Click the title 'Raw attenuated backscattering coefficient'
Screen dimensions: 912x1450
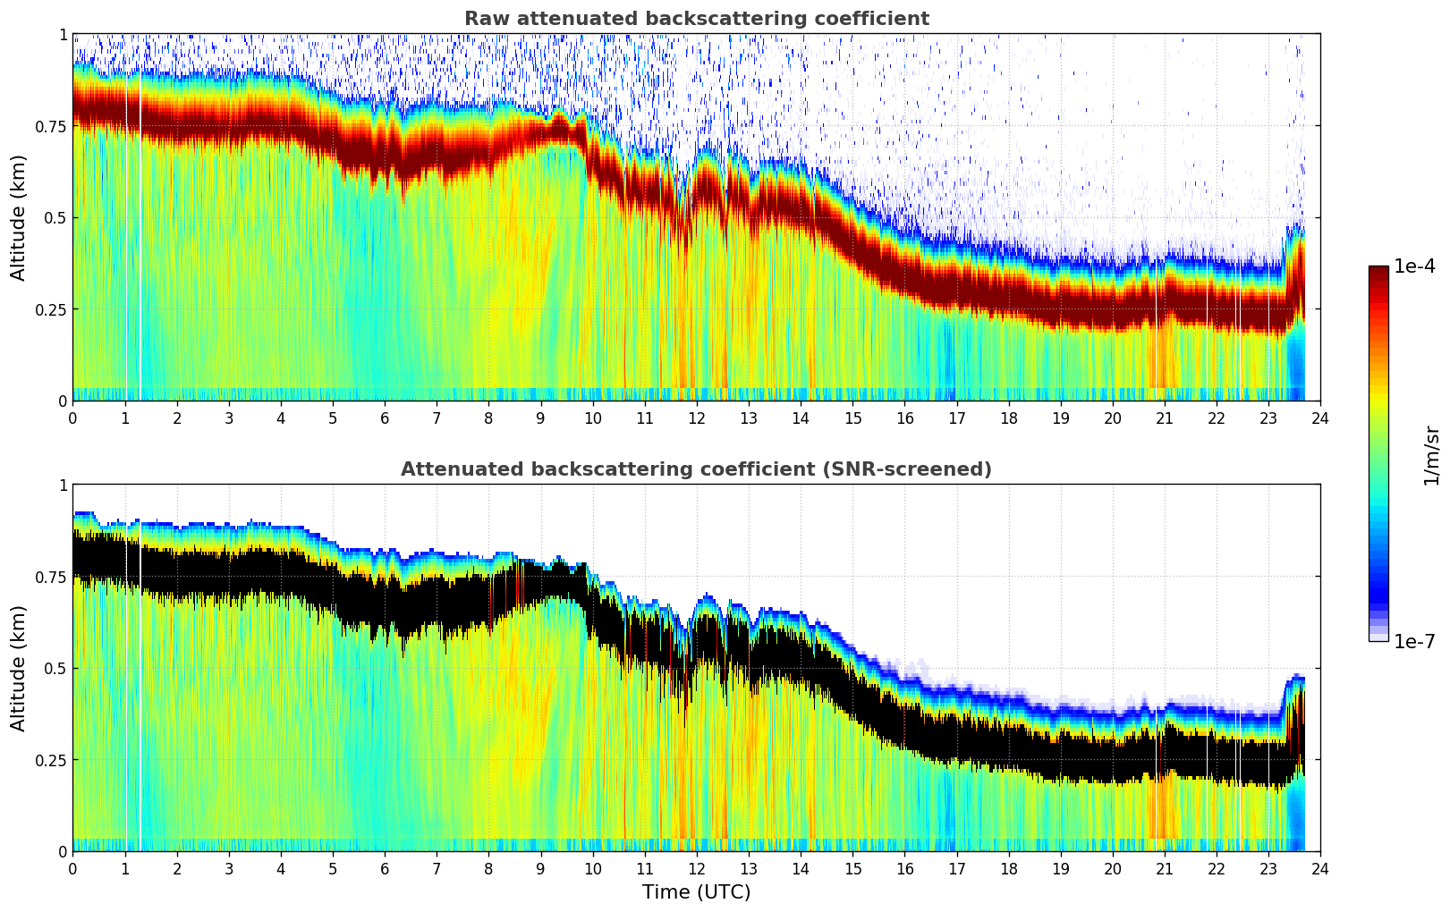[x=696, y=19]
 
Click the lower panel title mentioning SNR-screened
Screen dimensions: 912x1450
[x=696, y=469]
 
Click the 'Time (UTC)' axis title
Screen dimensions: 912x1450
[x=696, y=892]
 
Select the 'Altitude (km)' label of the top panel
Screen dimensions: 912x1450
[x=19, y=217]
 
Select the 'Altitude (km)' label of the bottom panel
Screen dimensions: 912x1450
[x=19, y=668]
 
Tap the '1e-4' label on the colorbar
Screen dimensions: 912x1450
[x=1414, y=266]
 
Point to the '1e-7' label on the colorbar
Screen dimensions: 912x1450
[x=1414, y=641]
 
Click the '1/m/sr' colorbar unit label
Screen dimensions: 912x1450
[x=1430, y=455]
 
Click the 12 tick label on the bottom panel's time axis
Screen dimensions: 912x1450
[x=697, y=868]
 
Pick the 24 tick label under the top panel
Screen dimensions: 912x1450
[x=1320, y=418]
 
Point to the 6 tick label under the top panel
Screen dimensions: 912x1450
[x=385, y=418]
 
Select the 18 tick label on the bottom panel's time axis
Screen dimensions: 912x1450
[x=1008, y=868]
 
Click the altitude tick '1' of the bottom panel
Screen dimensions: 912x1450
[x=63, y=486]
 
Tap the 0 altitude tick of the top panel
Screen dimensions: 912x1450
[x=63, y=401]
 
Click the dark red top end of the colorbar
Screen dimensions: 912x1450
[x=1378, y=270]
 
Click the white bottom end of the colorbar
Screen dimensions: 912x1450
[x=1378, y=638]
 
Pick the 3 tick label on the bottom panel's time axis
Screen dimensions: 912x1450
[x=229, y=868]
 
